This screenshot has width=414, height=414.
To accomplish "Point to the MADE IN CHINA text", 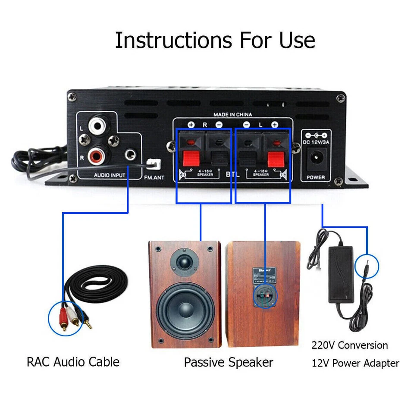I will click(x=232, y=115).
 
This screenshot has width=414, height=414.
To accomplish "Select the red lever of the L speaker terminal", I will click(x=275, y=159).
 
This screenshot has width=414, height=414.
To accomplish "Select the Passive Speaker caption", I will click(x=228, y=362).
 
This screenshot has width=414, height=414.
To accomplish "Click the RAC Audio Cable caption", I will click(x=73, y=361).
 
